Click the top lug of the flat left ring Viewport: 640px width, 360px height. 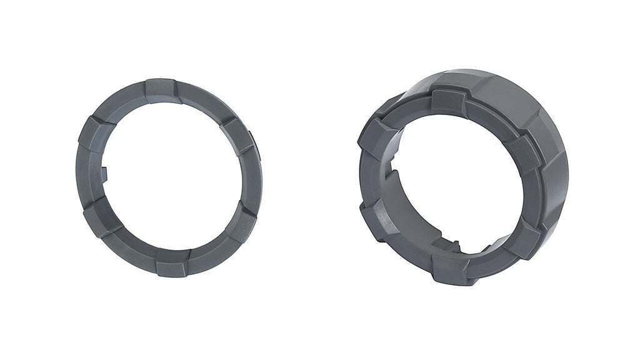161,89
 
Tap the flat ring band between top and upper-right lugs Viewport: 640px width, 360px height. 203,103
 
